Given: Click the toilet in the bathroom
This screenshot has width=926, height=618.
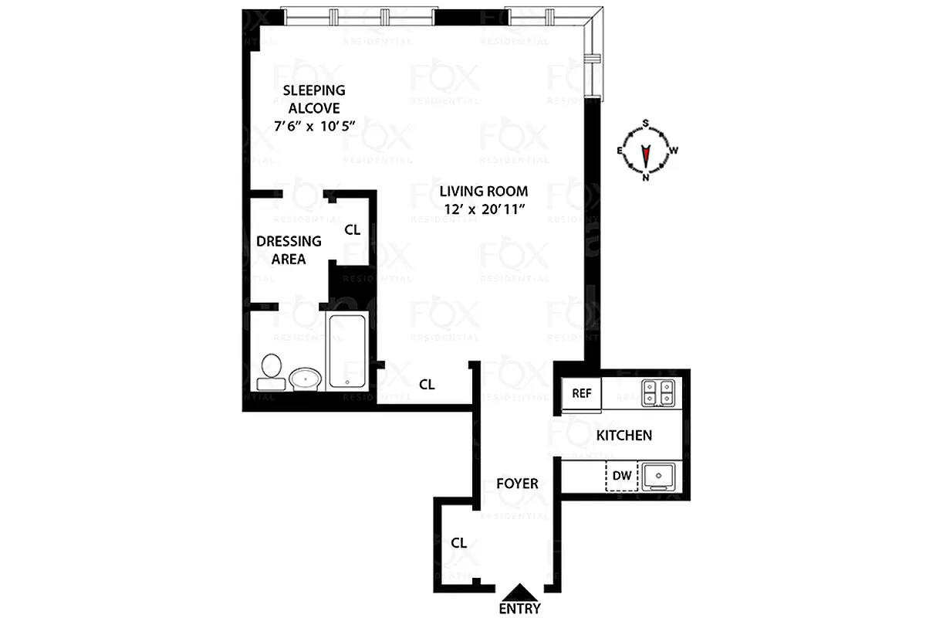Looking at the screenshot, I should (270, 371).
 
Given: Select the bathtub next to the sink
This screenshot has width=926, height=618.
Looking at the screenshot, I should (346, 351).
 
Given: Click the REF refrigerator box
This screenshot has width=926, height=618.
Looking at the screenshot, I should (581, 393).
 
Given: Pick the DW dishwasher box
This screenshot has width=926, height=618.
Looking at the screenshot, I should (622, 477).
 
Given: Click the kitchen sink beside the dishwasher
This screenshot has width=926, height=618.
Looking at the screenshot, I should (660, 477).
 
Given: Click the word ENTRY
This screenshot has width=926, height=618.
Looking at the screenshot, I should (520, 608).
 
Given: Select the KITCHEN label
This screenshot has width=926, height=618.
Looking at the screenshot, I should (624, 436).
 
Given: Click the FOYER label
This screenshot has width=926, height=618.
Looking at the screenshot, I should (517, 484).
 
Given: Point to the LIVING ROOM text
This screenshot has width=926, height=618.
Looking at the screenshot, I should (484, 192).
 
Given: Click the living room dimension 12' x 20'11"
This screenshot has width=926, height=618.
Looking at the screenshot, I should (484, 209).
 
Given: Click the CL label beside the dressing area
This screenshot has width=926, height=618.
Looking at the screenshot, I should (352, 229).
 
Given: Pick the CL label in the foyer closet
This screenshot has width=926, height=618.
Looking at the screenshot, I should (458, 543).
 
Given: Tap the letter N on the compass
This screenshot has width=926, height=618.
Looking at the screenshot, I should (646, 176).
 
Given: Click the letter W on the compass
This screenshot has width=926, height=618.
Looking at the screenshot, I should (673, 150).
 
